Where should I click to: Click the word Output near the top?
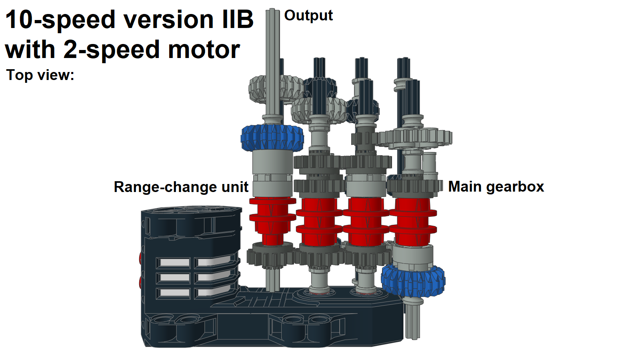pos(308,15)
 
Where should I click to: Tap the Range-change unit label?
pos(181,187)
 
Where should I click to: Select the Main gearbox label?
pos(496,186)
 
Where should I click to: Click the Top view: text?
pos(40,75)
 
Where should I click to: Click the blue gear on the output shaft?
pos(272,137)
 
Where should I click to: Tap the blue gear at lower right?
pos(413,281)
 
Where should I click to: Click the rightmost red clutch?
pos(412,222)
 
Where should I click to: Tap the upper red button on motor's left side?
pos(140,258)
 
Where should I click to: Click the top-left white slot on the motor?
pos(174,263)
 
